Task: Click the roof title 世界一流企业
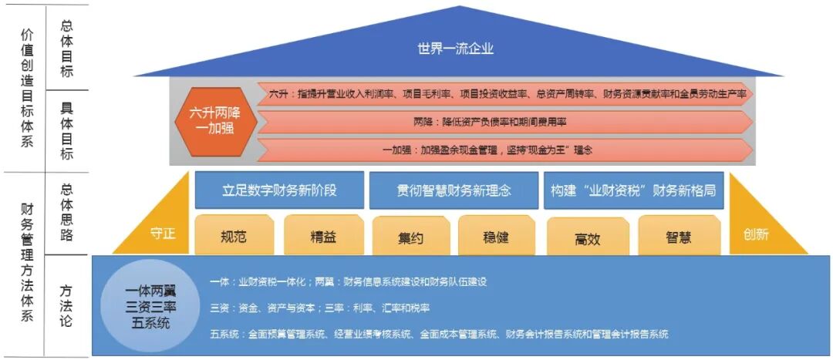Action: point(455,49)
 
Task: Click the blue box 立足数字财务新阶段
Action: point(278,190)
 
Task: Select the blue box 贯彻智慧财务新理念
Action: point(454,190)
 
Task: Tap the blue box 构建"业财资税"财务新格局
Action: point(632,190)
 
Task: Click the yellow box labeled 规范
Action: point(234,236)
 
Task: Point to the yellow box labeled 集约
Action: point(410,237)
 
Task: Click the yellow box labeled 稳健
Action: point(496,236)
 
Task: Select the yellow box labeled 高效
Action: point(587,237)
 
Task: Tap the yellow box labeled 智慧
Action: point(678,236)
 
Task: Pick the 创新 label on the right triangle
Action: point(756,234)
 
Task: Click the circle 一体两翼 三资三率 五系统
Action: point(151,307)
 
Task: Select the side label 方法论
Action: point(66,304)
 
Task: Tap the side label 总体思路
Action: point(66,211)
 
